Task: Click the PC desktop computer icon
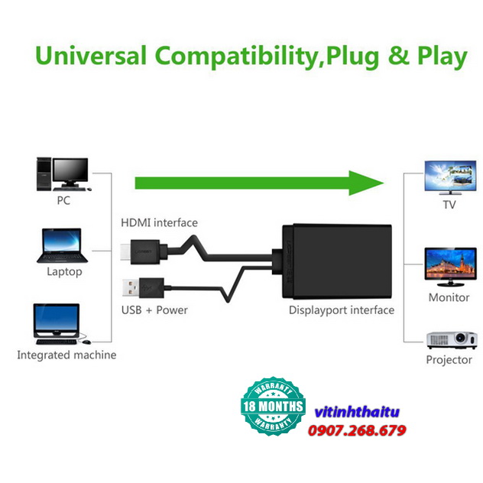coord(63,174)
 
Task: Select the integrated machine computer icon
coord(60,325)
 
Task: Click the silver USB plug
coord(130,289)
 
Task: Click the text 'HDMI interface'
coord(159,222)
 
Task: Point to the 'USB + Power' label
coord(154,310)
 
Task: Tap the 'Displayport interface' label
coord(342,310)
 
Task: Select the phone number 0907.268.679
coord(356,431)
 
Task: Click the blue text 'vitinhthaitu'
coord(354,412)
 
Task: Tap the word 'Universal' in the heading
coord(91,57)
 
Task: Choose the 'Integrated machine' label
coord(66,355)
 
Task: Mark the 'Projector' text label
coord(449,360)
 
